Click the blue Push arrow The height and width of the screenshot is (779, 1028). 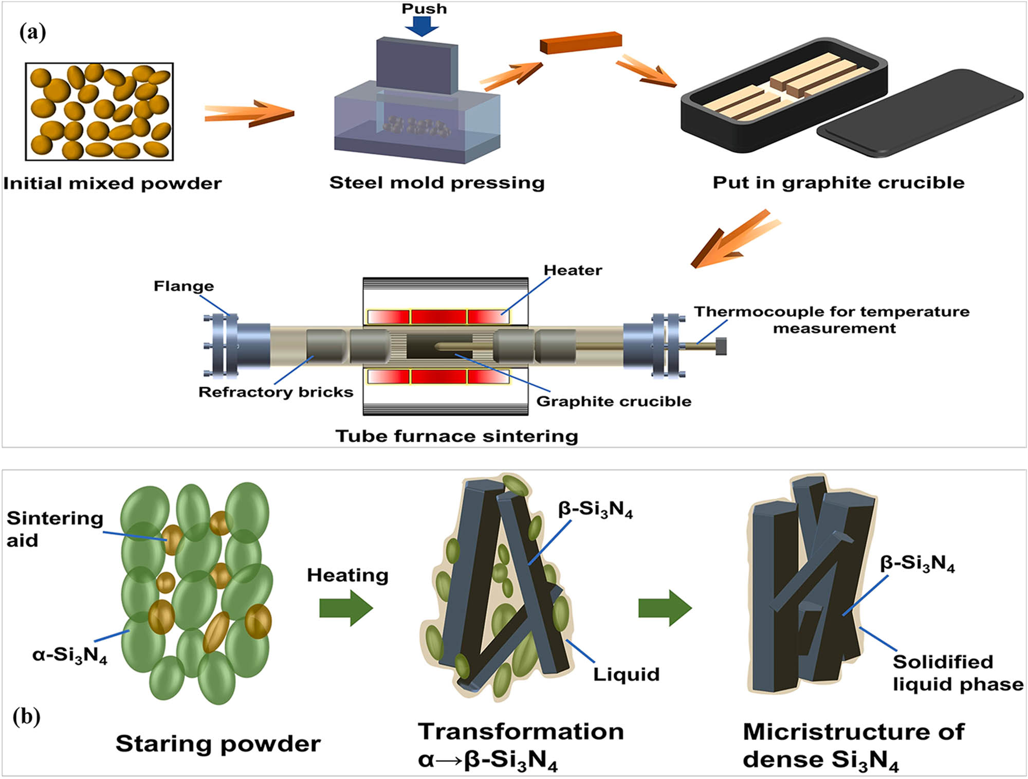click(421, 26)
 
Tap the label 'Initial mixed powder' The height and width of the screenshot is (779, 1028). click(112, 184)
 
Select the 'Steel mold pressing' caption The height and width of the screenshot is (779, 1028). click(437, 183)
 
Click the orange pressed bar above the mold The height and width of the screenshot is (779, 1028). click(581, 43)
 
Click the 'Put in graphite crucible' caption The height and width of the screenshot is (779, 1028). click(838, 183)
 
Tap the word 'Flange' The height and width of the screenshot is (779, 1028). click(183, 286)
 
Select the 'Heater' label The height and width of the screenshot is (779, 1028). click(573, 270)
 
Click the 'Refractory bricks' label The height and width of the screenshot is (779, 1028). click(276, 392)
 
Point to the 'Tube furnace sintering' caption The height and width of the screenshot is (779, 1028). click(456, 436)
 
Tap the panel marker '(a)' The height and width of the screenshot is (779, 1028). click(32, 32)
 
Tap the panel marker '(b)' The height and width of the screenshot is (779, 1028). click(26, 716)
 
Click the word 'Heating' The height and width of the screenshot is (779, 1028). click(347, 575)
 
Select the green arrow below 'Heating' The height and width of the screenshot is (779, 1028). click(346, 608)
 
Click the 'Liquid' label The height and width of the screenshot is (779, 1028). click(626, 675)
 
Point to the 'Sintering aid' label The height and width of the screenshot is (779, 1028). click(54, 529)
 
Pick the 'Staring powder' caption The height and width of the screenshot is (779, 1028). click(218, 744)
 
